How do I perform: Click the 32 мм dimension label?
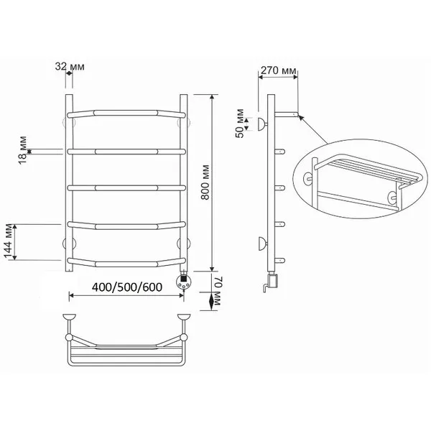(x=70, y=67)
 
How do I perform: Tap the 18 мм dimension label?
(x=23, y=150)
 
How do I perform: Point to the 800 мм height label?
(x=205, y=182)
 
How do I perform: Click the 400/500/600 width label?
(x=127, y=287)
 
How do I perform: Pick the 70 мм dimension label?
(x=218, y=292)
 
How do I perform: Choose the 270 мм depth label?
(x=279, y=70)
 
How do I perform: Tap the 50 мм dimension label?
(x=240, y=124)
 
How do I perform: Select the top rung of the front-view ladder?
(x=126, y=113)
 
